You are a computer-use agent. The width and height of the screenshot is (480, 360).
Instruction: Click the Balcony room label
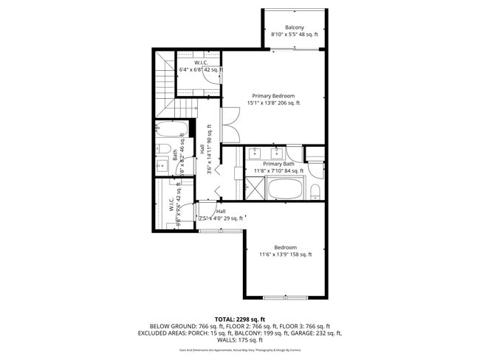click(295, 27)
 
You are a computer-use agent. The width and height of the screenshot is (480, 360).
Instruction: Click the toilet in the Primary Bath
click(315, 192)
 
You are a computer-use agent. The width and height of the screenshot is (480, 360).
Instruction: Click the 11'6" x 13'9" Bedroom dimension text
click(285, 255)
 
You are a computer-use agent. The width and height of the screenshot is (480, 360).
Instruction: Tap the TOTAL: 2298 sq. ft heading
click(239, 318)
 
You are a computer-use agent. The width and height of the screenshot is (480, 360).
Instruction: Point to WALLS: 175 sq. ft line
click(239, 340)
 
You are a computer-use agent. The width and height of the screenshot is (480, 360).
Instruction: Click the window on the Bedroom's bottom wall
click(285, 297)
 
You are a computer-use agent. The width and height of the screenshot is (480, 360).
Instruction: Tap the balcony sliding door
click(295, 49)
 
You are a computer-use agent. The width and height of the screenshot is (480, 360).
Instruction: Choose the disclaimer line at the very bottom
click(239, 350)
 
